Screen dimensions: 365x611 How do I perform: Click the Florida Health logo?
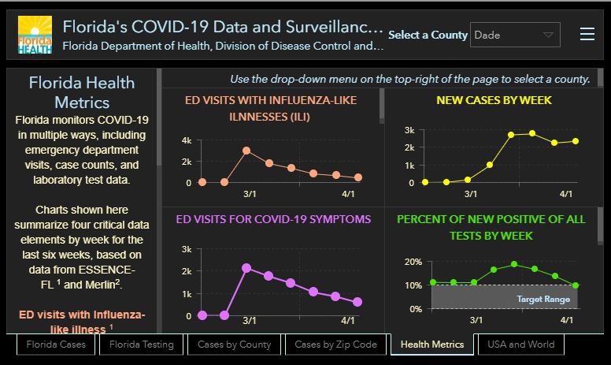coord(35,35)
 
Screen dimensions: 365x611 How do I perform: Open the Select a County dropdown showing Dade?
coord(515,35)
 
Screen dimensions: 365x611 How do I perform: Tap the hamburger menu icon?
coord(587,34)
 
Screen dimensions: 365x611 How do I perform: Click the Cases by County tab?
coord(235,345)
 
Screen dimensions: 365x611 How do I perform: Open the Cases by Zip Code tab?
coord(335,345)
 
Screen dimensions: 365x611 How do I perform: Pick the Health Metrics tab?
coord(432,345)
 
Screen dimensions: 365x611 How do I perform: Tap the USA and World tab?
coord(521,345)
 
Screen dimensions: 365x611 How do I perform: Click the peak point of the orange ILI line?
coord(246,150)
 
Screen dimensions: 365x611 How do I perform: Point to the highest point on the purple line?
coord(246,268)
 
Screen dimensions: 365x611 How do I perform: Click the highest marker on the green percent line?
coord(514,264)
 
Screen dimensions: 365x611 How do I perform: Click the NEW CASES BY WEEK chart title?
coord(494,100)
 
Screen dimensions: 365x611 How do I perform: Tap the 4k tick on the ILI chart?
coord(186,140)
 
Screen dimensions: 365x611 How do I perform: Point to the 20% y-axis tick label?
coord(413,262)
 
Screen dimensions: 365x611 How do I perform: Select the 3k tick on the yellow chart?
coord(409,130)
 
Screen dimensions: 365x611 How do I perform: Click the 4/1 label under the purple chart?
coord(348,321)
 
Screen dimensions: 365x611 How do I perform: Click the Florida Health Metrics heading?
coord(82,92)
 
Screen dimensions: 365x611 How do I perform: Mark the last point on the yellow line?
coord(576,141)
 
